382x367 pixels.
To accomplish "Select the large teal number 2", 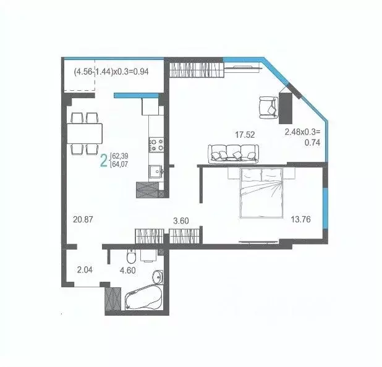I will [x=104, y=162].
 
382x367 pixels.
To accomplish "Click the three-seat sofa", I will [x=232, y=153].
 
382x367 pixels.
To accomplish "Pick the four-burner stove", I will [x=155, y=145].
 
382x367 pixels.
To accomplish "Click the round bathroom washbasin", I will [x=158, y=276].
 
